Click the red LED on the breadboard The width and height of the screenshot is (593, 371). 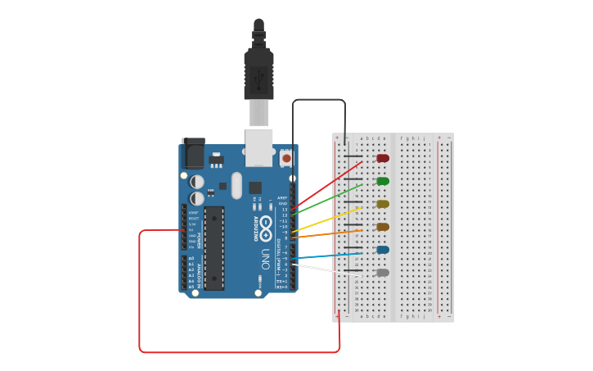(382, 158)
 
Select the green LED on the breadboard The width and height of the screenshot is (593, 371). (382, 181)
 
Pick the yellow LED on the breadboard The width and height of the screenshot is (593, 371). (382, 204)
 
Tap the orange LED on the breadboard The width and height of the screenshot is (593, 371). (382, 227)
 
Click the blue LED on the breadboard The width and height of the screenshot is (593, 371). (382, 250)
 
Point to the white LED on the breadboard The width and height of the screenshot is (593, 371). (382, 273)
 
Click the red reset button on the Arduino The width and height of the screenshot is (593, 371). (286, 157)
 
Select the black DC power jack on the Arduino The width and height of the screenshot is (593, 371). (193, 153)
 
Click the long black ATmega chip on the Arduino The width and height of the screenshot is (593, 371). (214, 248)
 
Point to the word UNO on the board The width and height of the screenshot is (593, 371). (265, 260)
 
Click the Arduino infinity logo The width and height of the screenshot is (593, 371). (267, 223)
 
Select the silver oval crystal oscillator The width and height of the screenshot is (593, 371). (237, 184)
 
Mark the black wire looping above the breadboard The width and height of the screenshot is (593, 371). (319, 100)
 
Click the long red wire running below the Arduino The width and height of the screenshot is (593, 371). (237, 352)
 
